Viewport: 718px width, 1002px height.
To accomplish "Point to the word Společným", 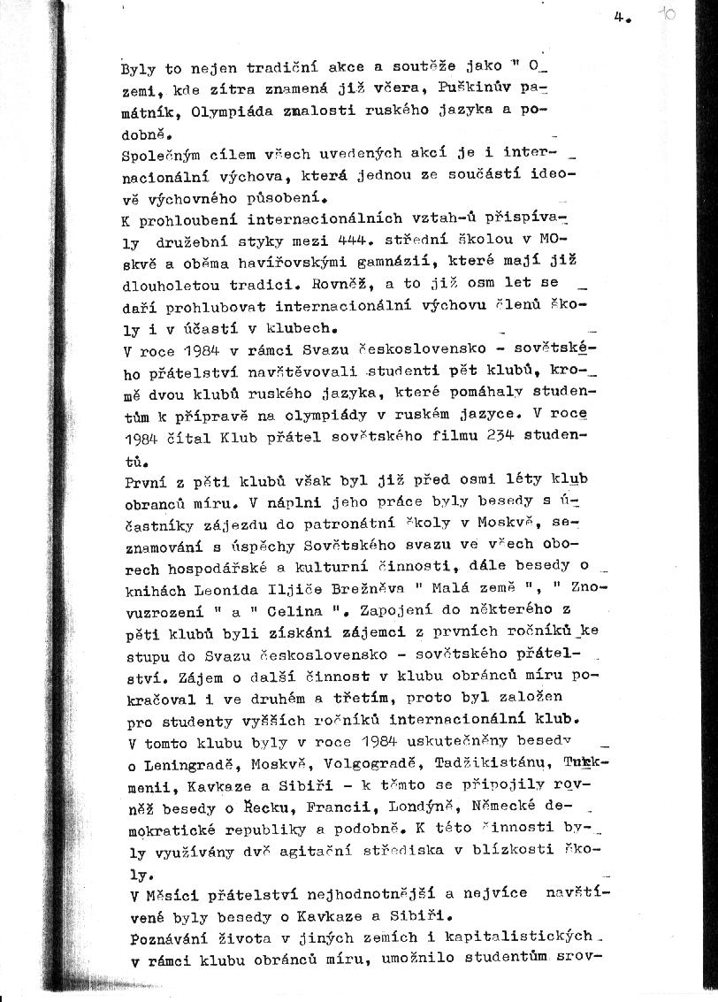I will point(157,155).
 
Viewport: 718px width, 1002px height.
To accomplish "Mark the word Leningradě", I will point(186,764).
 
